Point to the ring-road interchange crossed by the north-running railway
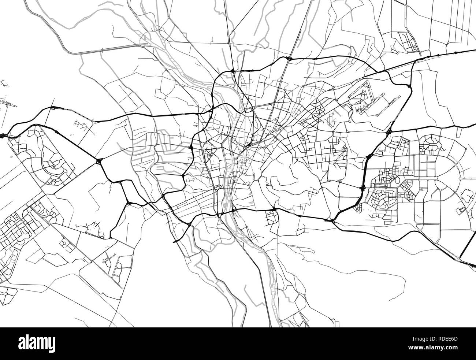click(x=289, y=58)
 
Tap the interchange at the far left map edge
click(x=3, y=136)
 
